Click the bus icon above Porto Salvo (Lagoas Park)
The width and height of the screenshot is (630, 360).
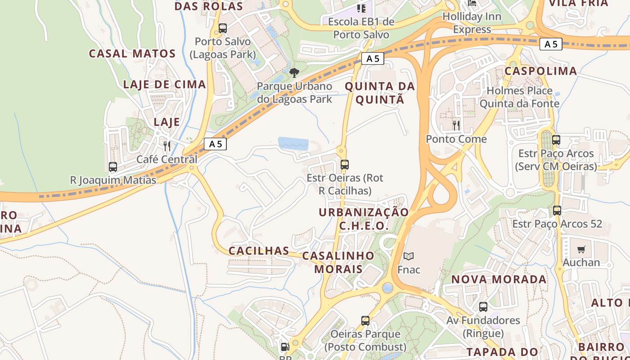(x=222, y=28)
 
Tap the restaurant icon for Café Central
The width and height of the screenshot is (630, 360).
(x=167, y=146)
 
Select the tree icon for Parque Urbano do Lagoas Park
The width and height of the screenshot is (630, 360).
(x=294, y=72)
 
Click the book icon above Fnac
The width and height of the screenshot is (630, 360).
(x=408, y=256)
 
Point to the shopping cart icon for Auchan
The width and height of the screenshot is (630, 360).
(x=581, y=249)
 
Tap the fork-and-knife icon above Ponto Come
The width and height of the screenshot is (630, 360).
(x=456, y=126)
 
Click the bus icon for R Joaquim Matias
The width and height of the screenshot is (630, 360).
(x=113, y=167)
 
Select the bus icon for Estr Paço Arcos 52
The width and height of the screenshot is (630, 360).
(x=557, y=210)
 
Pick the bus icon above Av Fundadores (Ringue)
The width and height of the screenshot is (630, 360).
(x=483, y=307)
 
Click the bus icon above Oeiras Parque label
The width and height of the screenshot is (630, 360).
(x=365, y=321)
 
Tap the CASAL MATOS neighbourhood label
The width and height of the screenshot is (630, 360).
(x=132, y=54)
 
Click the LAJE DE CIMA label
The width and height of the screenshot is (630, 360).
(x=164, y=84)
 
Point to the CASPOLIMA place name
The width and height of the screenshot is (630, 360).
(x=540, y=71)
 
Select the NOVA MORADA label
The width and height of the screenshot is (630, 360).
(x=499, y=279)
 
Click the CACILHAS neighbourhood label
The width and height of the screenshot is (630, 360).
(x=259, y=251)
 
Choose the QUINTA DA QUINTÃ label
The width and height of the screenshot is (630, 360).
(x=380, y=93)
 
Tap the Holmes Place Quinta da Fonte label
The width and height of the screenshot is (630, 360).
(x=519, y=97)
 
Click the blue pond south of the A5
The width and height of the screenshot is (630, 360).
(x=293, y=144)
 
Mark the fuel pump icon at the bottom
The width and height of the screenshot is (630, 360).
(x=285, y=347)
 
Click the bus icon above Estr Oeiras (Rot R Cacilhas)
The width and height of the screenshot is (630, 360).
(x=345, y=165)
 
